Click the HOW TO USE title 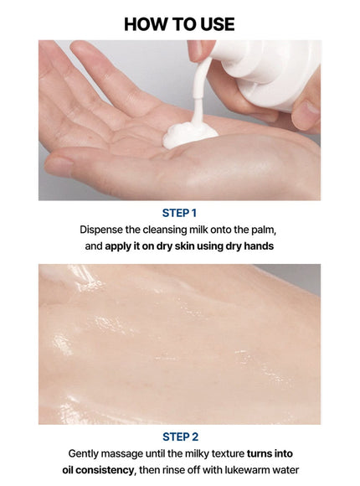(179, 23)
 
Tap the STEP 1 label (179, 213)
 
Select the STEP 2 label (179, 437)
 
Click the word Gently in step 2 (87, 453)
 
